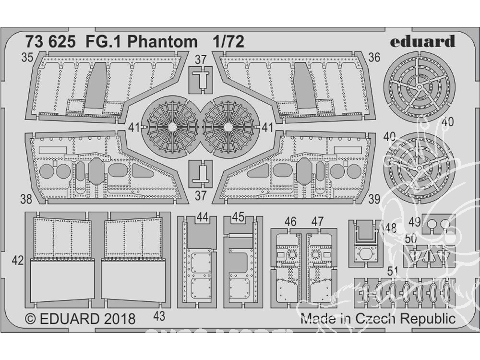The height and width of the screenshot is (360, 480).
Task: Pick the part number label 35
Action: pyautogui.click(x=27, y=58)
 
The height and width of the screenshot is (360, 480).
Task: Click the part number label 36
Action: pyautogui.click(x=374, y=57)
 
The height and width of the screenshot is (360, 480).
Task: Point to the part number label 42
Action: pyautogui.click(x=17, y=261)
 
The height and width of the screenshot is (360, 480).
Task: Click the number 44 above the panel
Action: pyautogui.click(x=202, y=217)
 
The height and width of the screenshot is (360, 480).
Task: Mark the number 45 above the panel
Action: pyautogui.click(x=239, y=217)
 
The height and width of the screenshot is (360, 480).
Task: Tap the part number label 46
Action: pyautogui.click(x=290, y=221)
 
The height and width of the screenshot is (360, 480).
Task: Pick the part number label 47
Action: pyautogui.click(x=317, y=221)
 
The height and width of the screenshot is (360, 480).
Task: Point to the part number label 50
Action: pyautogui.click(x=410, y=239)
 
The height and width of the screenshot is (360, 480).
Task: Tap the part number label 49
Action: pyautogui.click(x=416, y=222)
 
